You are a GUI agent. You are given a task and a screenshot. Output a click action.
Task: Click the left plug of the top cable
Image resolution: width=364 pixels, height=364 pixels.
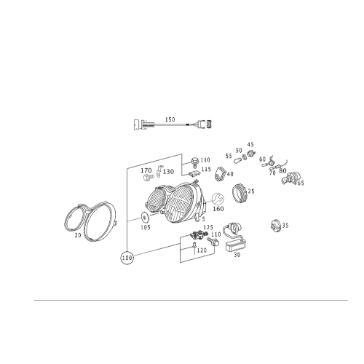(142, 125)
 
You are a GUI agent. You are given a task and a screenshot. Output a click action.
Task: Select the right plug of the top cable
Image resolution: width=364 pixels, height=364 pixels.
(203, 125)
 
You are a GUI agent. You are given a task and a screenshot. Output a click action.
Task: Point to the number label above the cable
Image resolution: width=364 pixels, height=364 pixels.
(172, 117)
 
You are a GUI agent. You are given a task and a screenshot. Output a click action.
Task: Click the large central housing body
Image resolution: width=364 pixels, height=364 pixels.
(171, 202)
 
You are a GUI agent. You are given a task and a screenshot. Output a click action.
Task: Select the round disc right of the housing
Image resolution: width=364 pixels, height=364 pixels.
(217, 200)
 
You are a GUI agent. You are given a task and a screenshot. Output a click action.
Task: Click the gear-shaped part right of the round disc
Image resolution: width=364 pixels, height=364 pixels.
(241, 194)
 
